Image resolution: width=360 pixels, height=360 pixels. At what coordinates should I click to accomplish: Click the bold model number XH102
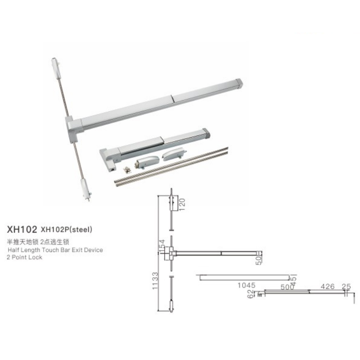[x=22, y=229]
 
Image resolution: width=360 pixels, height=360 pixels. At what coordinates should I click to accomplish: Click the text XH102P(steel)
[x=66, y=229]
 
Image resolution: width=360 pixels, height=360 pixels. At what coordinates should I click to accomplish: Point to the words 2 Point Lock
[x=25, y=257]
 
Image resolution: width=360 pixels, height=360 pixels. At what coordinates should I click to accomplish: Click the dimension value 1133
[x=155, y=280]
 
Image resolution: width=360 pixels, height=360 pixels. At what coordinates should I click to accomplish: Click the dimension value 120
[x=182, y=205]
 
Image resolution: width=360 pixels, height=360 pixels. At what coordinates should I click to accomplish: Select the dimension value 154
[x=162, y=246]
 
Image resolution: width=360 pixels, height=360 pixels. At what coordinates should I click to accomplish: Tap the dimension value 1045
[x=246, y=285]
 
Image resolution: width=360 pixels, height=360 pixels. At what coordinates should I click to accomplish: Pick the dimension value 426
[x=328, y=286]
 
